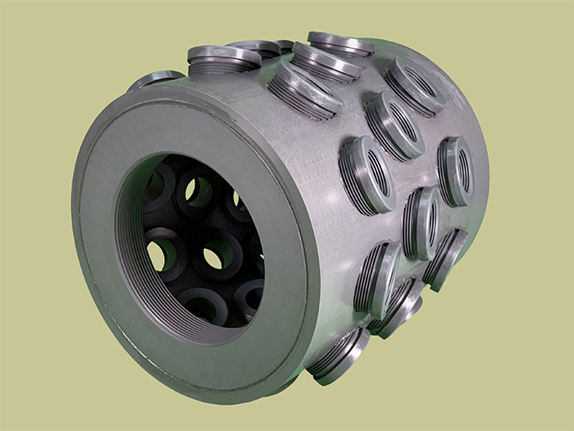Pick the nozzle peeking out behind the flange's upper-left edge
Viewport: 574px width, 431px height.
coord(156,80)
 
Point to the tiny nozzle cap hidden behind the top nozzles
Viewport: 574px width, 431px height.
coord(285,45)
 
